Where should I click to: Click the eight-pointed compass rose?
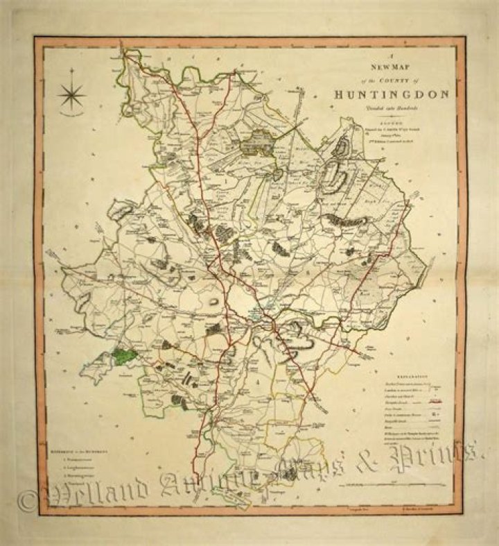71,94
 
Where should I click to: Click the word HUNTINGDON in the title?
392,94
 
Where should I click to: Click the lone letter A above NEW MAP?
392,60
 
